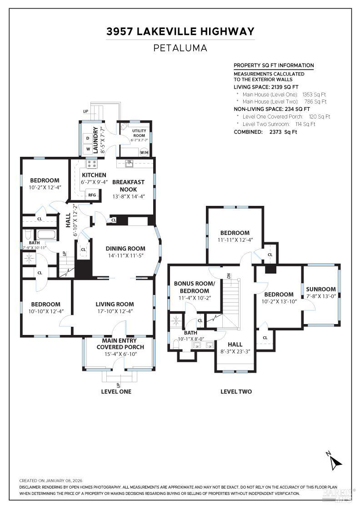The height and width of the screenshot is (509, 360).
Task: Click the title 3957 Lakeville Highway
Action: (x=180, y=31)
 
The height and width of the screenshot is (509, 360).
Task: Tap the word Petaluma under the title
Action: (x=180, y=48)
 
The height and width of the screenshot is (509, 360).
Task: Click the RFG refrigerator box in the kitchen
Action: (x=92, y=195)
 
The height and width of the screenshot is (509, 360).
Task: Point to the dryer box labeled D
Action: (x=87, y=138)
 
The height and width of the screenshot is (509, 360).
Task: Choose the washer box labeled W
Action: (x=87, y=149)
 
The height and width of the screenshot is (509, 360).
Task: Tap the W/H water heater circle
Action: (x=144, y=152)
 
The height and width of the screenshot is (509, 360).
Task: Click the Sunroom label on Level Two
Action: (x=320, y=289)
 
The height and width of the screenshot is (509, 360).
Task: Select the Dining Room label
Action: (x=125, y=249)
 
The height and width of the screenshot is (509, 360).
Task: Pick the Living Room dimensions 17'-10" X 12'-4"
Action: (x=115, y=311)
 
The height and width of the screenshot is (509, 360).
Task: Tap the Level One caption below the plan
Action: (x=116, y=391)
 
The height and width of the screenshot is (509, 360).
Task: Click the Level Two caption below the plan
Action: (x=236, y=391)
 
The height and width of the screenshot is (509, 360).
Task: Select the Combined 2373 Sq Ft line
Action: (x=265, y=132)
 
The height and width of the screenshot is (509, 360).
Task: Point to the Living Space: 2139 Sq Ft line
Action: (x=266, y=86)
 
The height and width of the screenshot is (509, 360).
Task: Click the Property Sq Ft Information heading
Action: (x=273, y=65)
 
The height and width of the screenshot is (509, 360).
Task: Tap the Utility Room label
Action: (x=139, y=133)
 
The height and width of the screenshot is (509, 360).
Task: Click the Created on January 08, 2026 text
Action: (x=51, y=480)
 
